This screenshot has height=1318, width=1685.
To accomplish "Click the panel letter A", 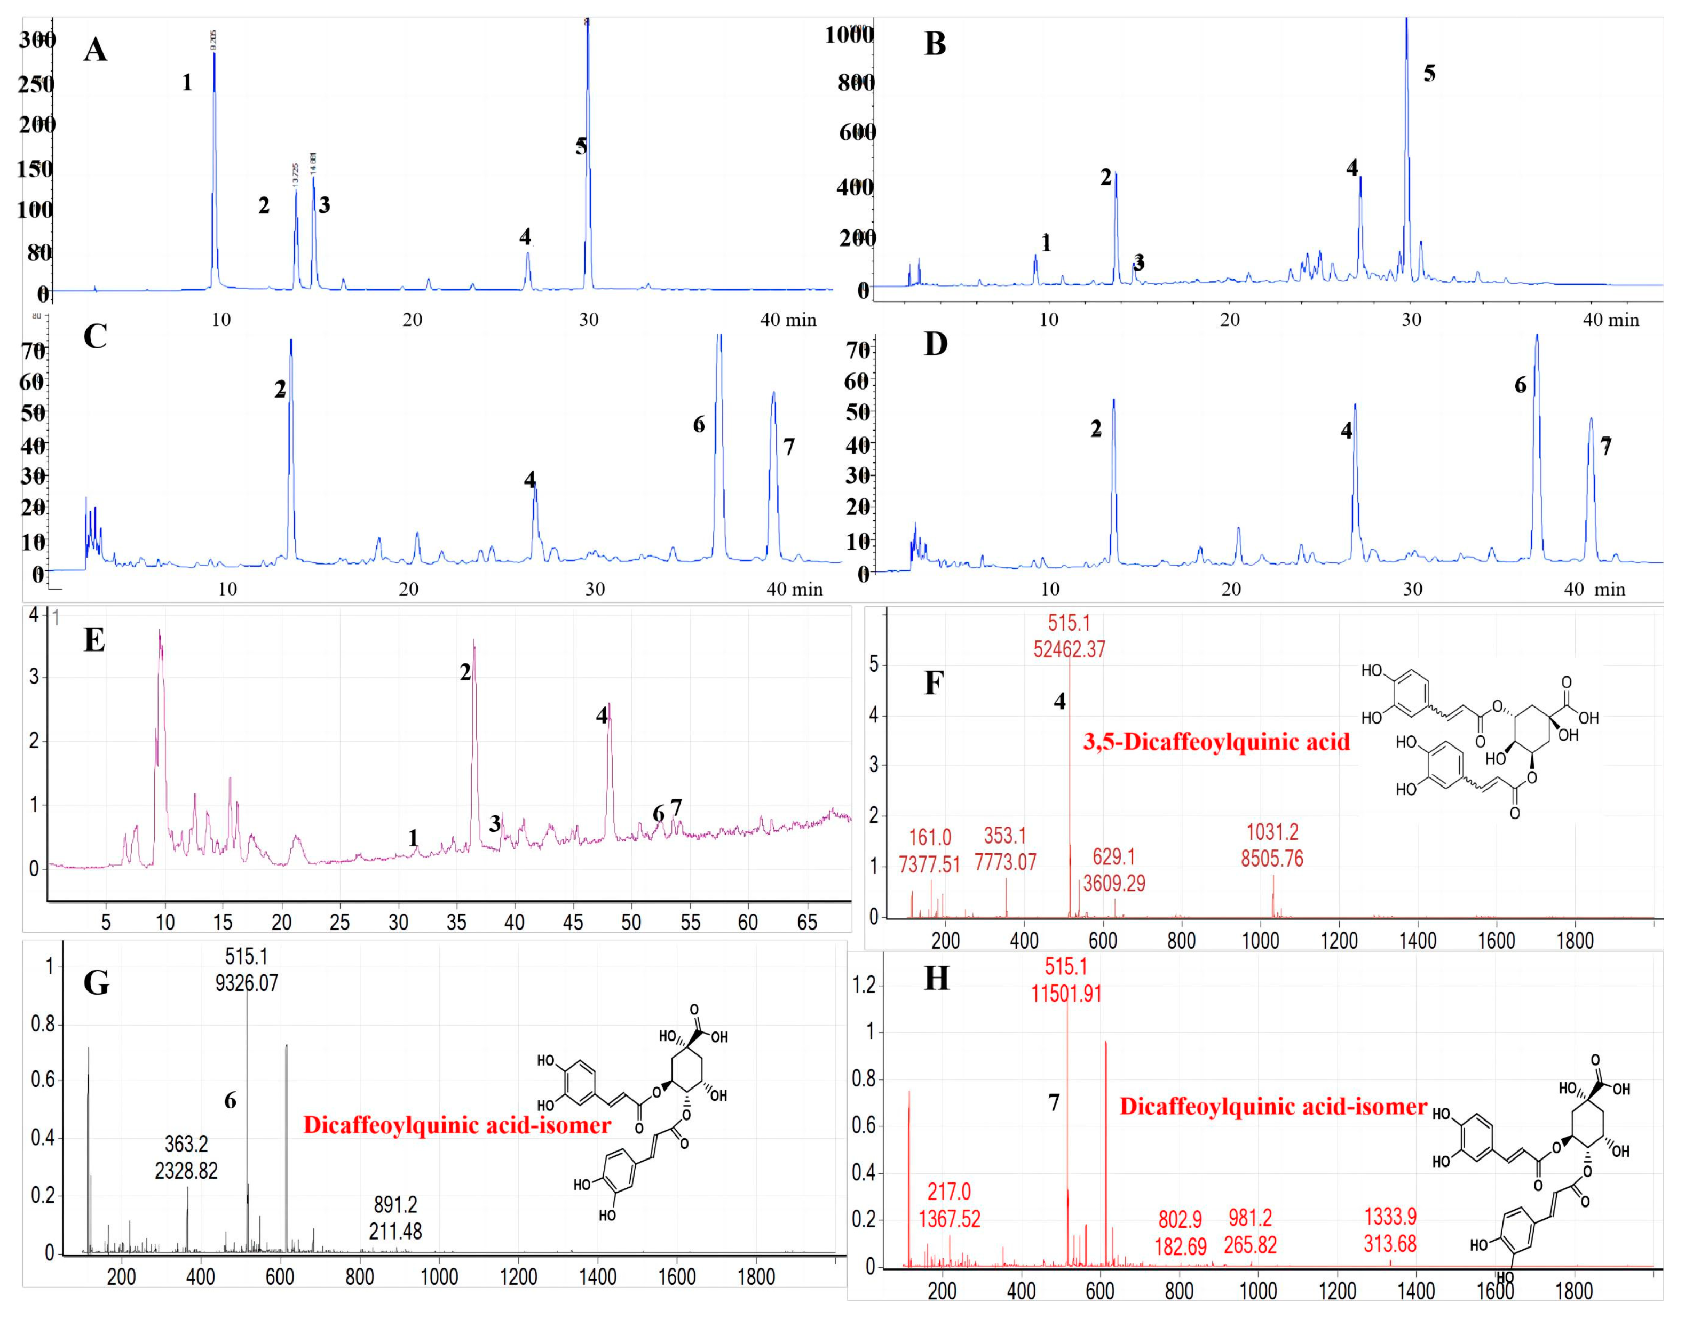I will pos(95,50).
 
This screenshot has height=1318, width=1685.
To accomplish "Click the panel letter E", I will pos(94,640).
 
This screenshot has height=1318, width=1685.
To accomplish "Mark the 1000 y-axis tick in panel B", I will pos(849,34).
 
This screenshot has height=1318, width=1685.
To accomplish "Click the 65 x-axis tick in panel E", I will pos(806,922).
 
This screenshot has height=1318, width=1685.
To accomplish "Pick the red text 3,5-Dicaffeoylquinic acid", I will pos(1216,742).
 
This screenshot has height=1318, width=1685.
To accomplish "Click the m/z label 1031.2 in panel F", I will pos(1272,832).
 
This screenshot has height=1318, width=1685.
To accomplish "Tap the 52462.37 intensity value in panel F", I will pos(1069,649).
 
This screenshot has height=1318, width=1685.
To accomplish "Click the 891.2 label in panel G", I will pos(395,1204).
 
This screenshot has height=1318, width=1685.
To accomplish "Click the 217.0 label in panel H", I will pos(948,1192).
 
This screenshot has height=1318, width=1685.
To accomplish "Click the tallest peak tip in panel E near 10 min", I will pos(160,631).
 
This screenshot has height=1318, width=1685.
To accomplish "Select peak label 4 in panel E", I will pos(602,716).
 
